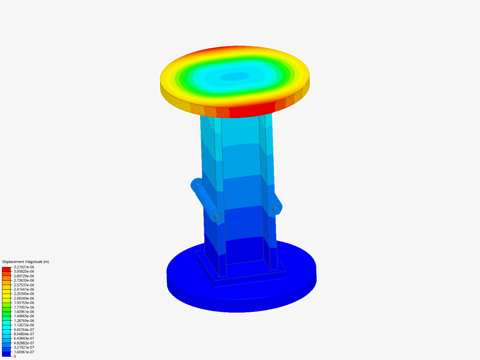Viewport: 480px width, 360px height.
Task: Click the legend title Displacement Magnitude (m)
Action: click(26, 262)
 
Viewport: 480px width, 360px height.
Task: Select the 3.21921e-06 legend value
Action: click(24, 267)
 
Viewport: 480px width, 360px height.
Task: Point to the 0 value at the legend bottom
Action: click(15, 356)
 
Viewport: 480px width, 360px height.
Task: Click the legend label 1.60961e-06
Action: click(24, 312)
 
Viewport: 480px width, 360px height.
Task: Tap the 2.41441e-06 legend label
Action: click(24, 289)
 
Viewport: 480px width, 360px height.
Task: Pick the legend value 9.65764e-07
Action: click(24, 329)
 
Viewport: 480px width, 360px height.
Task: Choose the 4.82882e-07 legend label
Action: click(24, 343)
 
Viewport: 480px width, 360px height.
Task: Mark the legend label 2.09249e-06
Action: click(24, 298)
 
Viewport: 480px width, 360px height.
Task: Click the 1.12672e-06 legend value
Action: click(24, 325)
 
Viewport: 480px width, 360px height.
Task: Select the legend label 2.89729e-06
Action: click(24, 276)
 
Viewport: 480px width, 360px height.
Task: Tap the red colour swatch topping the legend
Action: click(6, 269)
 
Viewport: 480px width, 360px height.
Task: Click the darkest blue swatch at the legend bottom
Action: click(6, 354)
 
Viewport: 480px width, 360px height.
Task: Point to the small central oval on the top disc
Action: click(234, 77)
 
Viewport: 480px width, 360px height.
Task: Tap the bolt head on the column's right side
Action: click(276, 208)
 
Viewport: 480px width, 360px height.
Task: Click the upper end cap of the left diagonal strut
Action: click(196, 184)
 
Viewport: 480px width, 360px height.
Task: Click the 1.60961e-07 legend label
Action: click(24, 352)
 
